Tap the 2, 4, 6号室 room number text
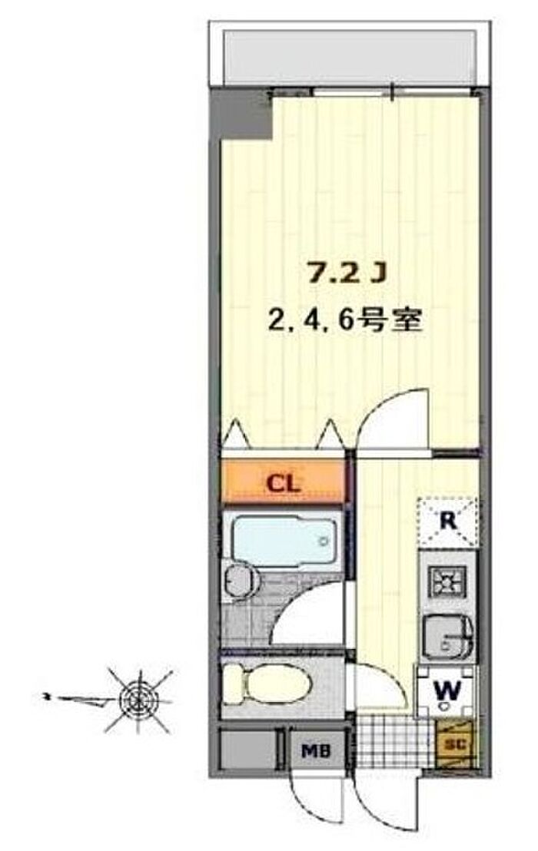click(x=345, y=321)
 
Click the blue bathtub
click(x=284, y=540)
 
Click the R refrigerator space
click(x=447, y=521)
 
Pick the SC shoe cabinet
click(x=456, y=743)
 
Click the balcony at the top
click(x=350, y=58)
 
